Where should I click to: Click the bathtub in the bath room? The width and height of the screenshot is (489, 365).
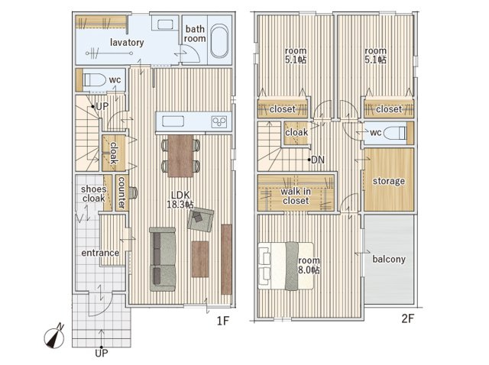tap(219, 42)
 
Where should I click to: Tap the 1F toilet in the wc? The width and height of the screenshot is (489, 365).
tap(94, 79)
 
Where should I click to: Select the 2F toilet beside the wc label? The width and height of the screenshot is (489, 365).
tap(395, 133)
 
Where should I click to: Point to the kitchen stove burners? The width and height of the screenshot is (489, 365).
tap(219, 121)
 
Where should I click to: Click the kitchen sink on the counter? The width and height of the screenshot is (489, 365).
tap(173, 121)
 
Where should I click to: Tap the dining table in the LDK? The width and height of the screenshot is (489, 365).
tap(180, 156)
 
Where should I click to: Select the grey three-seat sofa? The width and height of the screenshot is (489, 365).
tap(163, 260)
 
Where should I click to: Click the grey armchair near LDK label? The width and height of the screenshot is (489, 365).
tap(200, 220)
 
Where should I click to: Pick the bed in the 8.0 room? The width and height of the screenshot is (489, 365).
tap(286, 266)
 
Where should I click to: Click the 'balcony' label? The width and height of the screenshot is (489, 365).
tap(389, 259)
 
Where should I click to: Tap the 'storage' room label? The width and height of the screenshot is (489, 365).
tap(389, 181)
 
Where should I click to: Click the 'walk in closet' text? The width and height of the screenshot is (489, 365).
tap(296, 196)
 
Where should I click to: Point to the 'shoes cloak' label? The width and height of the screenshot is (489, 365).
tap(93, 193)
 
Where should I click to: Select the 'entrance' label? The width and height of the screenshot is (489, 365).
tap(100, 253)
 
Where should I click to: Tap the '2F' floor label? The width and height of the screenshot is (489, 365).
tap(407, 318)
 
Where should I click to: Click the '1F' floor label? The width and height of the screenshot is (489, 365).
tap(223, 321)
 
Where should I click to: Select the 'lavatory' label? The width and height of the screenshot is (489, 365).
tap(127, 43)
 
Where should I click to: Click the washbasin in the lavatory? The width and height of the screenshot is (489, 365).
tap(165, 24)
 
